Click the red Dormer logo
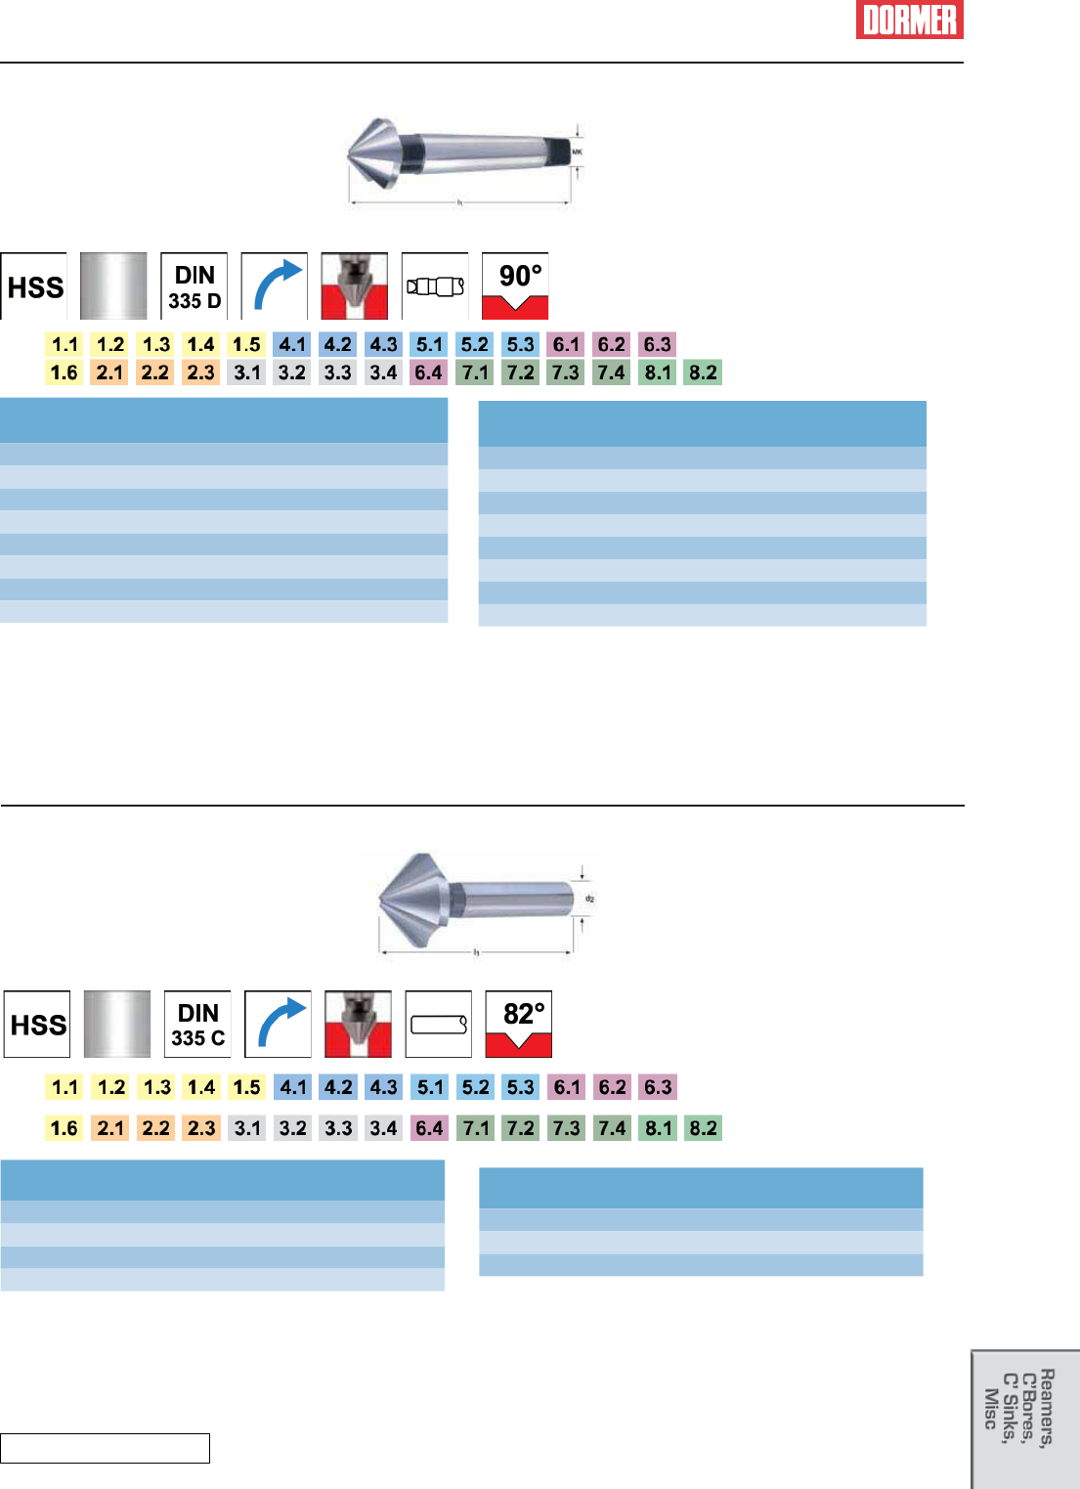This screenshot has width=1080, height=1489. pos(909,20)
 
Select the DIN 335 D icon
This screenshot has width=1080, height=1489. pos(194,286)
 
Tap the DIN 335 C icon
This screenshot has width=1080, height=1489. pos(198,1025)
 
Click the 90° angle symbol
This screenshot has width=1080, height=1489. pos(515,286)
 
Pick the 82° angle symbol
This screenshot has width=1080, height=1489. pos(519,1025)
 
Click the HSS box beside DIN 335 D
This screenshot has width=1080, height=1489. pos(35,286)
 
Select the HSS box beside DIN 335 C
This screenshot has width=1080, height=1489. pos(38,1025)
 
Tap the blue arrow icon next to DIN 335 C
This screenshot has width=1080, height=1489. pos(279,1025)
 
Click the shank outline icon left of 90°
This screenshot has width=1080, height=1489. pos(435,286)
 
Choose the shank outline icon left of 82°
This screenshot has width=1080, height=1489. pos(439,1025)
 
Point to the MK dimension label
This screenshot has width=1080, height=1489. pos(577,153)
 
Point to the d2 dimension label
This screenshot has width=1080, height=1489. pos(589,898)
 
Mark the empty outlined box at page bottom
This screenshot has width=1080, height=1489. pos(105,1448)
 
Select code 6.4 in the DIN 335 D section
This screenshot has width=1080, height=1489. pos(428,372)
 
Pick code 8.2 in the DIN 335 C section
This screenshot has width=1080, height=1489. pos(703,1128)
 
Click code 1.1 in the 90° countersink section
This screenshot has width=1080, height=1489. pos(65,344)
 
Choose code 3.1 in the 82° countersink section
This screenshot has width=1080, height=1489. pos(247,1128)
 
